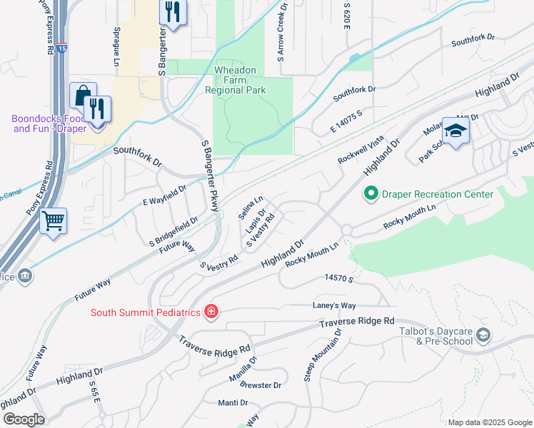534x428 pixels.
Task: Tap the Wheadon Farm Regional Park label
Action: [236, 81]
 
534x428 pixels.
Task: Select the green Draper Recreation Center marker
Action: [371, 194]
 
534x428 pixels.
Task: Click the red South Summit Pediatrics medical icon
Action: [211, 312]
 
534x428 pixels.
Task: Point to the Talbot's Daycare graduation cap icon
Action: [483, 335]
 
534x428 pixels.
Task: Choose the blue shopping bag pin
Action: [83, 96]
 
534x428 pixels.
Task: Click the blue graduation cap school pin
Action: [455, 131]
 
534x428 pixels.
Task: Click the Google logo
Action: [24, 419]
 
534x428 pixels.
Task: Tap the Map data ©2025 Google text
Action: [489, 422]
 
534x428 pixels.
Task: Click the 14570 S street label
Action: [339, 277]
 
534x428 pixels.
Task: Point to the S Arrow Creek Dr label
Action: [282, 29]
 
